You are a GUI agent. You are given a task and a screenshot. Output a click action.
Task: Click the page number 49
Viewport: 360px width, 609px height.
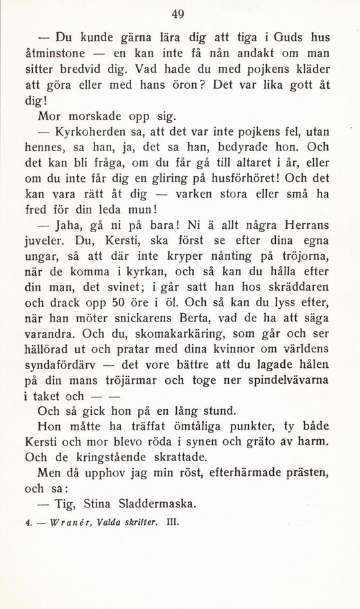179,14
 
